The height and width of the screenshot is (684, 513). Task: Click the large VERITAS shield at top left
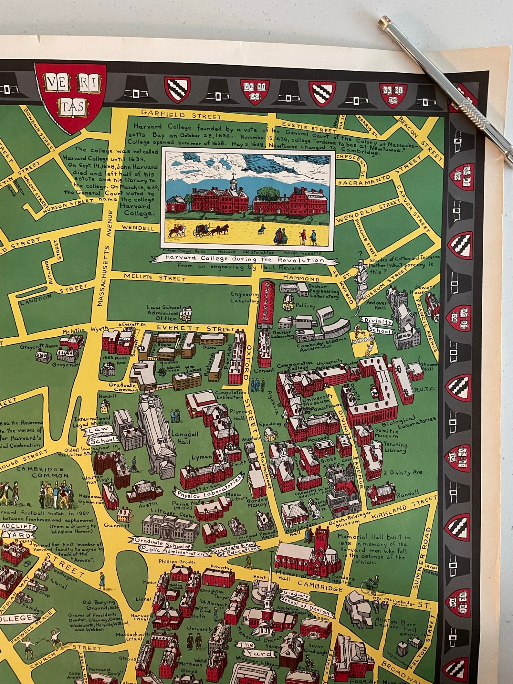71,96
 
